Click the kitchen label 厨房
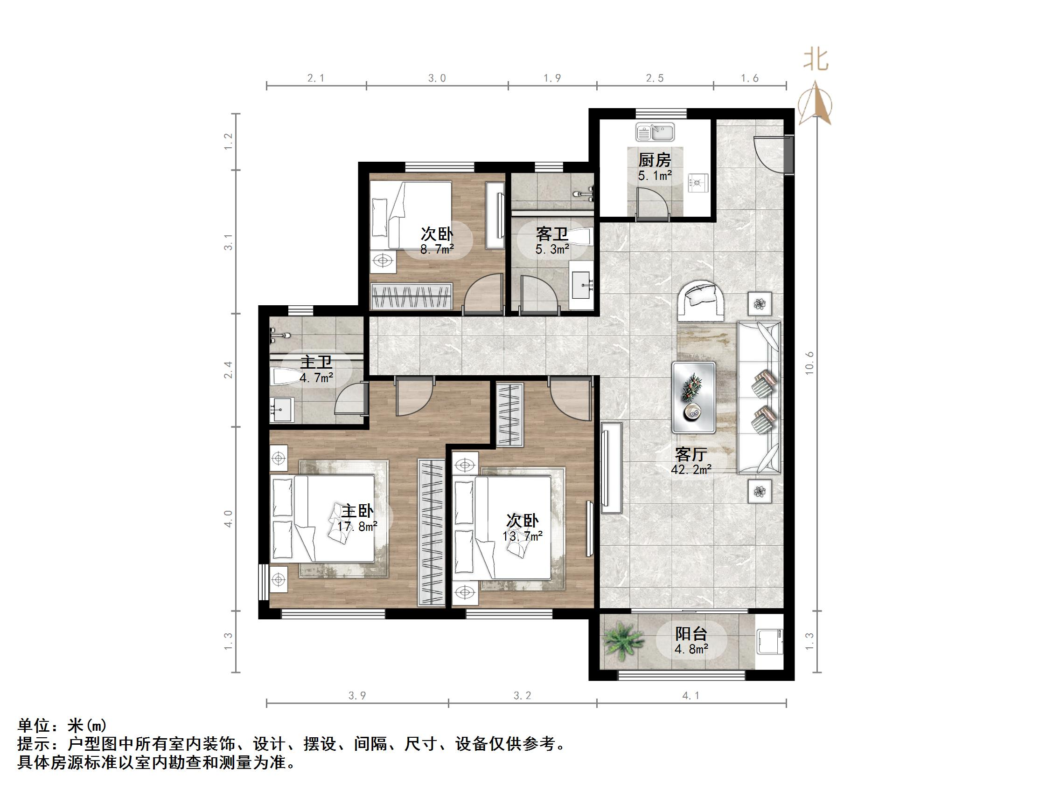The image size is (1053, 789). [655, 160]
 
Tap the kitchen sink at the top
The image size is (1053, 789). [656, 132]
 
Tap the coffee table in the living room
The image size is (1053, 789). [694, 398]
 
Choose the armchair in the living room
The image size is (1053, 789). [700, 300]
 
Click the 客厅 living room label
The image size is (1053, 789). [691, 455]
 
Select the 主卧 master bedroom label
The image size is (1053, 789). [357, 511]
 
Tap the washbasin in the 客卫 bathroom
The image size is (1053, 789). [581, 285]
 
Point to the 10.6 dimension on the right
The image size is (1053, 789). [810, 364]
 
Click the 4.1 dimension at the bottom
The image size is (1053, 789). [691, 696]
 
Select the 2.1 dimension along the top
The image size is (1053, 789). [315, 78]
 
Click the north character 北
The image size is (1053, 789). [816, 61]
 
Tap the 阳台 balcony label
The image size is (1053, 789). [691, 633]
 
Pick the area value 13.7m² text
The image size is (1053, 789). [523, 536]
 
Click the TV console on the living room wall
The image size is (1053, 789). [611, 468]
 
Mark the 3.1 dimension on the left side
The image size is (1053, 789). [230, 242]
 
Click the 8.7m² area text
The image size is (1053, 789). [437, 249]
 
